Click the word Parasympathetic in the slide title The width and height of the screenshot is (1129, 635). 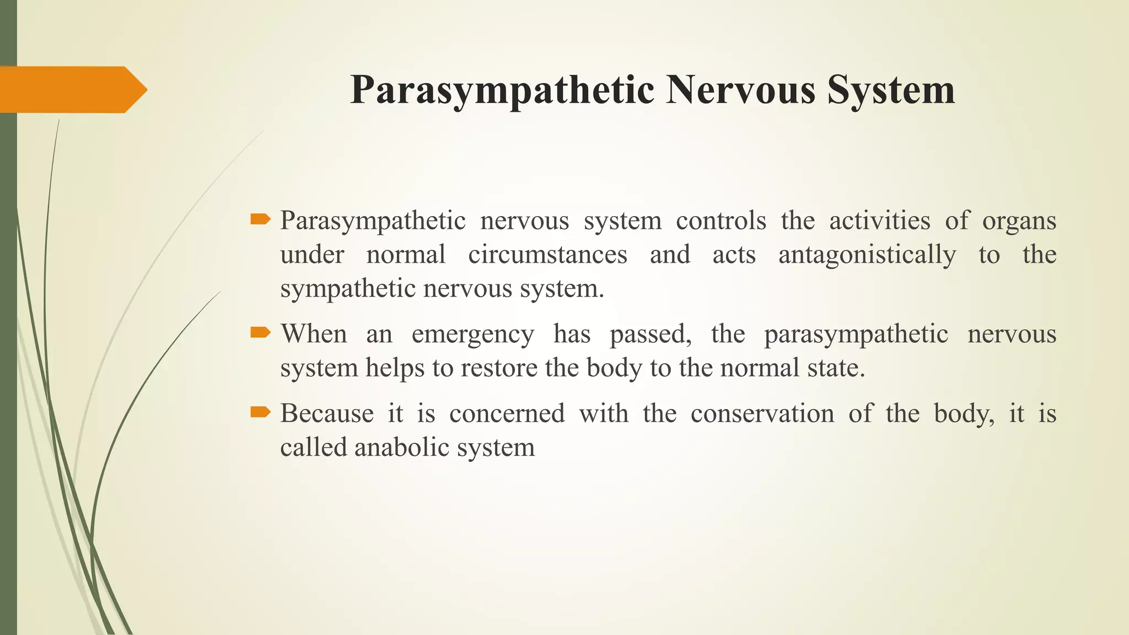(502, 90)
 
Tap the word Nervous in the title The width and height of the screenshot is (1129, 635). (740, 89)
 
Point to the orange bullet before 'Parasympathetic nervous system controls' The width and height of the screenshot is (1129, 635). (260, 220)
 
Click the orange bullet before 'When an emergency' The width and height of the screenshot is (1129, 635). (260, 332)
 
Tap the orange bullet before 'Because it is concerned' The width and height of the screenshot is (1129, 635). (260, 412)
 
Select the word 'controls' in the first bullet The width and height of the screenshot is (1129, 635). (721, 221)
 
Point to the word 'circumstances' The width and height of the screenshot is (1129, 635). (547, 255)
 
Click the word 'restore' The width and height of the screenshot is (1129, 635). (498, 368)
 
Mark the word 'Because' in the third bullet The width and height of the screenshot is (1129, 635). (327, 413)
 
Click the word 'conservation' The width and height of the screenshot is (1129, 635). (762, 413)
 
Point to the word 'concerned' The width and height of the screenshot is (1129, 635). (507, 413)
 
